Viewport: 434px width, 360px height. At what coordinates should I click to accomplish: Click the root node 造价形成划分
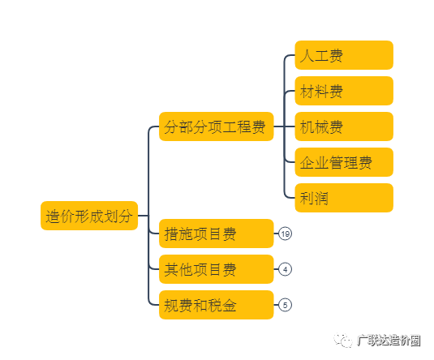click(x=89, y=216)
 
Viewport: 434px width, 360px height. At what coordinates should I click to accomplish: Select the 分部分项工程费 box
click(x=216, y=126)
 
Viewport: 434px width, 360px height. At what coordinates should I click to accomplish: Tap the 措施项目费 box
click(x=216, y=234)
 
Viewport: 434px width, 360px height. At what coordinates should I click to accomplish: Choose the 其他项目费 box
click(x=216, y=269)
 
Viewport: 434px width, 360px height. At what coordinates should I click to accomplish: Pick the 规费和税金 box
click(x=216, y=305)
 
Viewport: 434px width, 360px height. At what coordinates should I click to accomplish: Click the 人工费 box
click(x=344, y=55)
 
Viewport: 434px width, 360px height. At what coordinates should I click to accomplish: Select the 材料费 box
click(x=344, y=91)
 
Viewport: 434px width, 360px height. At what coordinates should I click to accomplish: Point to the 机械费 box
click(x=344, y=126)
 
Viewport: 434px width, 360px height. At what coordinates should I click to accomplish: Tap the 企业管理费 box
click(x=344, y=162)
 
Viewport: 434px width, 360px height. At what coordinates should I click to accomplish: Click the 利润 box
click(x=344, y=198)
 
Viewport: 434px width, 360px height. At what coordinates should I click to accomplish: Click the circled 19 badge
click(x=285, y=234)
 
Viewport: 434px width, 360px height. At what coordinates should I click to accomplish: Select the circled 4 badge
click(x=285, y=269)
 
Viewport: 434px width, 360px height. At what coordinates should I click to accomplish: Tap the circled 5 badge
click(x=285, y=305)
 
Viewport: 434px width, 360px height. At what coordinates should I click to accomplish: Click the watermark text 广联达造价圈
click(x=389, y=340)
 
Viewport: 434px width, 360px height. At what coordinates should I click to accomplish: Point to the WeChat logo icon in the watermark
click(x=343, y=340)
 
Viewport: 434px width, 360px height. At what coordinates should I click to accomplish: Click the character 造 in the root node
click(x=53, y=216)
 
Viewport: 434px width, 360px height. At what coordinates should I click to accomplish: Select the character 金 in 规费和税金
click(x=229, y=305)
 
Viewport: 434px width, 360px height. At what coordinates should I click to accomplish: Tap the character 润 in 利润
click(x=321, y=199)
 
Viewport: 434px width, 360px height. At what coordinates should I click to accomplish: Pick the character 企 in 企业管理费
click(x=307, y=163)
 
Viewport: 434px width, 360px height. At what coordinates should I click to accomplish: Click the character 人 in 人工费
click(x=307, y=56)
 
